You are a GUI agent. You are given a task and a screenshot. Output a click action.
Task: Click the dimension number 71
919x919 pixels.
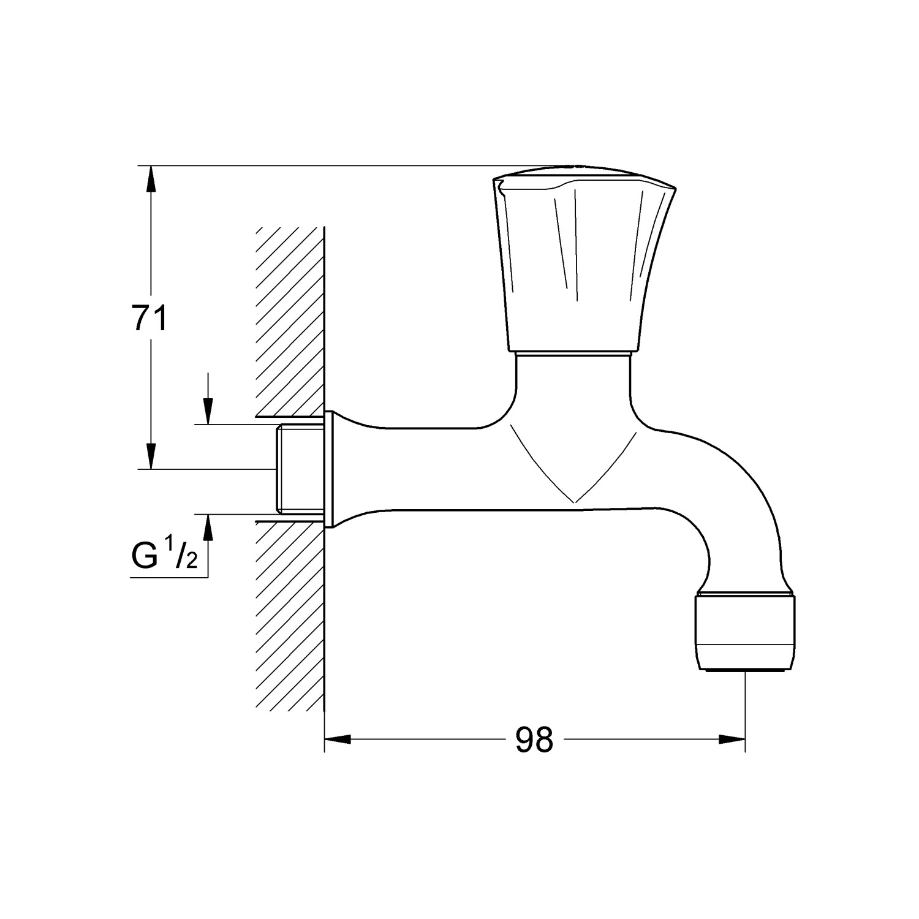[x=149, y=319]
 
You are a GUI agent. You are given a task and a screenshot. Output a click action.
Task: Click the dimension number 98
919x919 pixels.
[x=534, y=740]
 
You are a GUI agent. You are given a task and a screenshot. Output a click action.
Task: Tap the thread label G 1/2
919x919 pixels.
[x=164, y=555]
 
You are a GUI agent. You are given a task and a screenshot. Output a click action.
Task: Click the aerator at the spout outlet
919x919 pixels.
[x=745, y=633]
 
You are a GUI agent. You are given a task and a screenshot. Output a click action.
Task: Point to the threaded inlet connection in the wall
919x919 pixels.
[x=298, y=469]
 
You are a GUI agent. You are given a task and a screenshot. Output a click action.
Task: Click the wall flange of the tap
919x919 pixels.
[x=329, y=469]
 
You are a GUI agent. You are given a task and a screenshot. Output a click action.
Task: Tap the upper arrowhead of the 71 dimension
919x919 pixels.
[x=149, y=178]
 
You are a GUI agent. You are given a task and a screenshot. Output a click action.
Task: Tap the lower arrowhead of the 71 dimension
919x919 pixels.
[x=149, y=456]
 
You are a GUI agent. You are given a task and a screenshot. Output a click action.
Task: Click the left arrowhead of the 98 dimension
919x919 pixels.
[x=337, y=739]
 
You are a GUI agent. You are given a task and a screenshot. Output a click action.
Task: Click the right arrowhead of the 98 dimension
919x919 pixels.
[x=732, y=739]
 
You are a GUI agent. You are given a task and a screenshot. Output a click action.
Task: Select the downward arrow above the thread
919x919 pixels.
[x=208, y=411]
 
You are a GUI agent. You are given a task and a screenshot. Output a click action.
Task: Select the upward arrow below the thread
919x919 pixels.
[x=208, y=526]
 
